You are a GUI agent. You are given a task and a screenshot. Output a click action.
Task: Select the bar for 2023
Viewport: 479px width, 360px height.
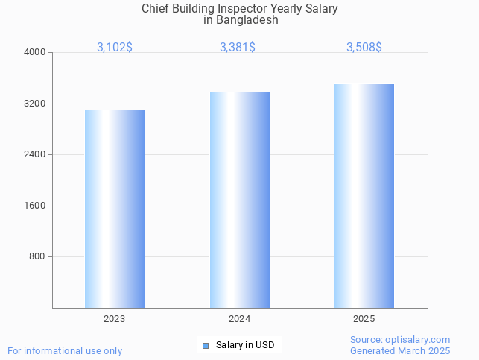point(115,209)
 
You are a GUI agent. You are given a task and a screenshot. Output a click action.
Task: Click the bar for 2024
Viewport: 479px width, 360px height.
point(239,200)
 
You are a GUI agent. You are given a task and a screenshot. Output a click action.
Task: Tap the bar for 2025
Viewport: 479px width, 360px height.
point(364,196)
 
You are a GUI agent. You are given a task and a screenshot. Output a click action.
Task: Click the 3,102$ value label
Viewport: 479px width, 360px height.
point(115,47)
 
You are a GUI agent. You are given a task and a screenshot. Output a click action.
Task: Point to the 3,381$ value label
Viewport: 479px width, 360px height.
point(238,47)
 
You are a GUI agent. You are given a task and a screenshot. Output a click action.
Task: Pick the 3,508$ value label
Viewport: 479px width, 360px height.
point(364,47)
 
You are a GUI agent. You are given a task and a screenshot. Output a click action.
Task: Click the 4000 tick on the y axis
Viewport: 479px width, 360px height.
point(35,52)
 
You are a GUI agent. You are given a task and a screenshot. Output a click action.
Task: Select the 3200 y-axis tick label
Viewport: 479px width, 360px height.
point(35,104)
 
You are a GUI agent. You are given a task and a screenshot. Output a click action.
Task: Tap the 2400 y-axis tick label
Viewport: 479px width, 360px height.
point(35,154)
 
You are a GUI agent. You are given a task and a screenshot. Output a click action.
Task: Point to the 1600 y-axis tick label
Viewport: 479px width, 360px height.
point(35,206)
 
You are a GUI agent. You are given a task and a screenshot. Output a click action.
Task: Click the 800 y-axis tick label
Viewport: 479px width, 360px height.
point(38,256)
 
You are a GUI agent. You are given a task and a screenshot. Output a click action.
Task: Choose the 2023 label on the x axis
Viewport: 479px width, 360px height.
point(115,319)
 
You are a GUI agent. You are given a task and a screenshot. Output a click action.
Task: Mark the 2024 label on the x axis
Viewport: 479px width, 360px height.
point(239,319)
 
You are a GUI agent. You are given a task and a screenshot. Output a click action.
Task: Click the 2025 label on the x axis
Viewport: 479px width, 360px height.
point(364,319)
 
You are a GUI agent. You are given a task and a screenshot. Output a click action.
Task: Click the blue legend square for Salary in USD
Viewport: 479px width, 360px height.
point(206,345)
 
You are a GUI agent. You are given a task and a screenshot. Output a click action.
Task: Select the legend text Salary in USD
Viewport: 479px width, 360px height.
point(245,345)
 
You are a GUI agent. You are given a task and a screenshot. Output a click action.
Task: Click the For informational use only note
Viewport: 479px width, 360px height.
point(65,350)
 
